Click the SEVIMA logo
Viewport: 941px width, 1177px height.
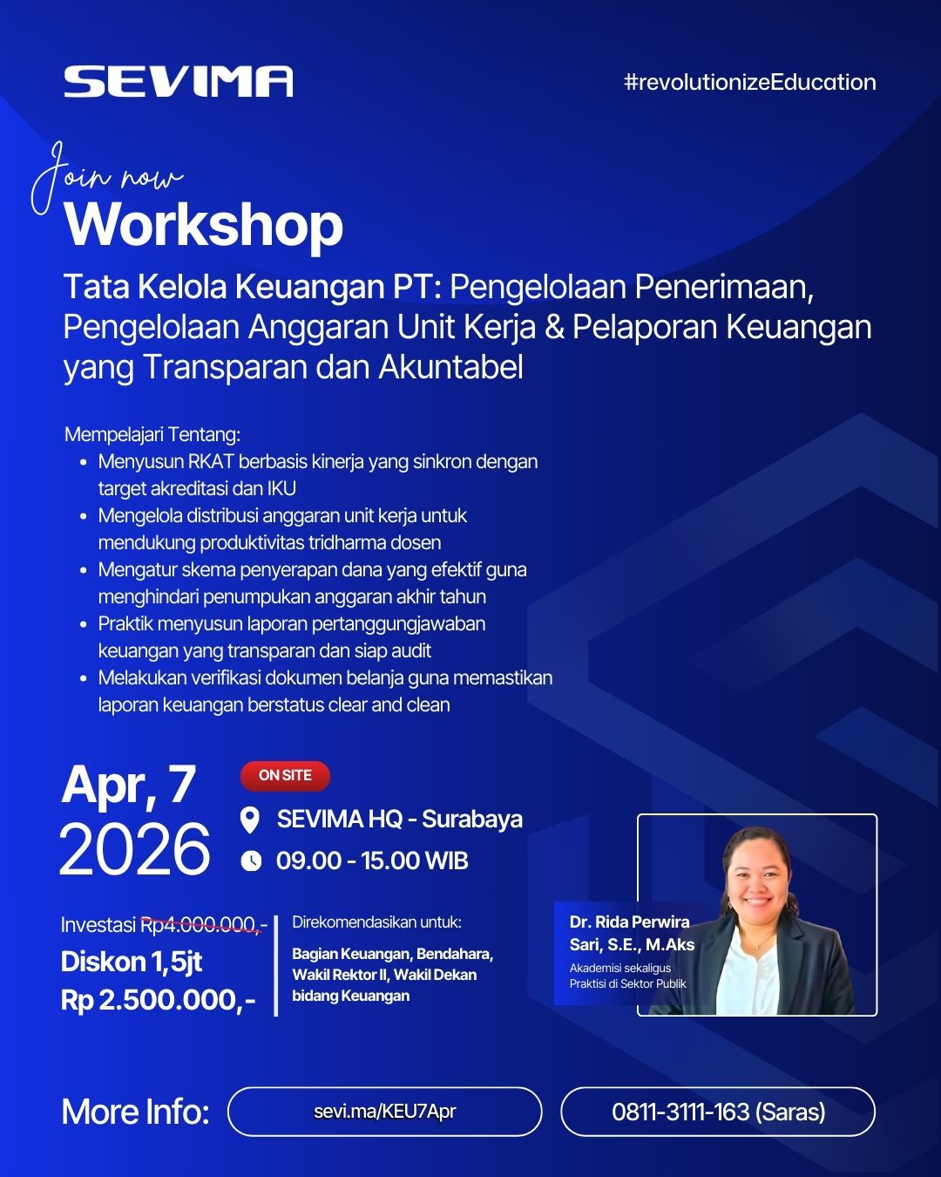[178, 82]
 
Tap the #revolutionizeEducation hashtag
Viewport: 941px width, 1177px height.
[749, 82]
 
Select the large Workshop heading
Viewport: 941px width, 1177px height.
[204, 225]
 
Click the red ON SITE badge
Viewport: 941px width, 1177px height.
[285, 775]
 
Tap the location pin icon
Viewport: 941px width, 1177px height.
[250, 820]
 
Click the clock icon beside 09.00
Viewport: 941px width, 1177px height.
[251, 861]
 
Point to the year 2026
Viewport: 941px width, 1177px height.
[135, 849]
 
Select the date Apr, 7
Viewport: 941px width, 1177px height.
[129, 785]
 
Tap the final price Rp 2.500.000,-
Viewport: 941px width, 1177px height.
[158, 1000]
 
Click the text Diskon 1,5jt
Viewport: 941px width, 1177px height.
[132, 962]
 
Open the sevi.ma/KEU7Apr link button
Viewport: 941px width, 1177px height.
[384, 1112]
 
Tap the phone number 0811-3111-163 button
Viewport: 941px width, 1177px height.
[717, 1112]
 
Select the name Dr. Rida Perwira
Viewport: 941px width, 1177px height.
[629, 922]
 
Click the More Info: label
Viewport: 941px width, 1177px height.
[135, 1112]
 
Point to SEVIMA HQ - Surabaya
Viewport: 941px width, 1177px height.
[399, 820]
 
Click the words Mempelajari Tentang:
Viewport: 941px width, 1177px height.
[152, 434]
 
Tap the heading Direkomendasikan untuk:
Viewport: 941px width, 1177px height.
[376, 922]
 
